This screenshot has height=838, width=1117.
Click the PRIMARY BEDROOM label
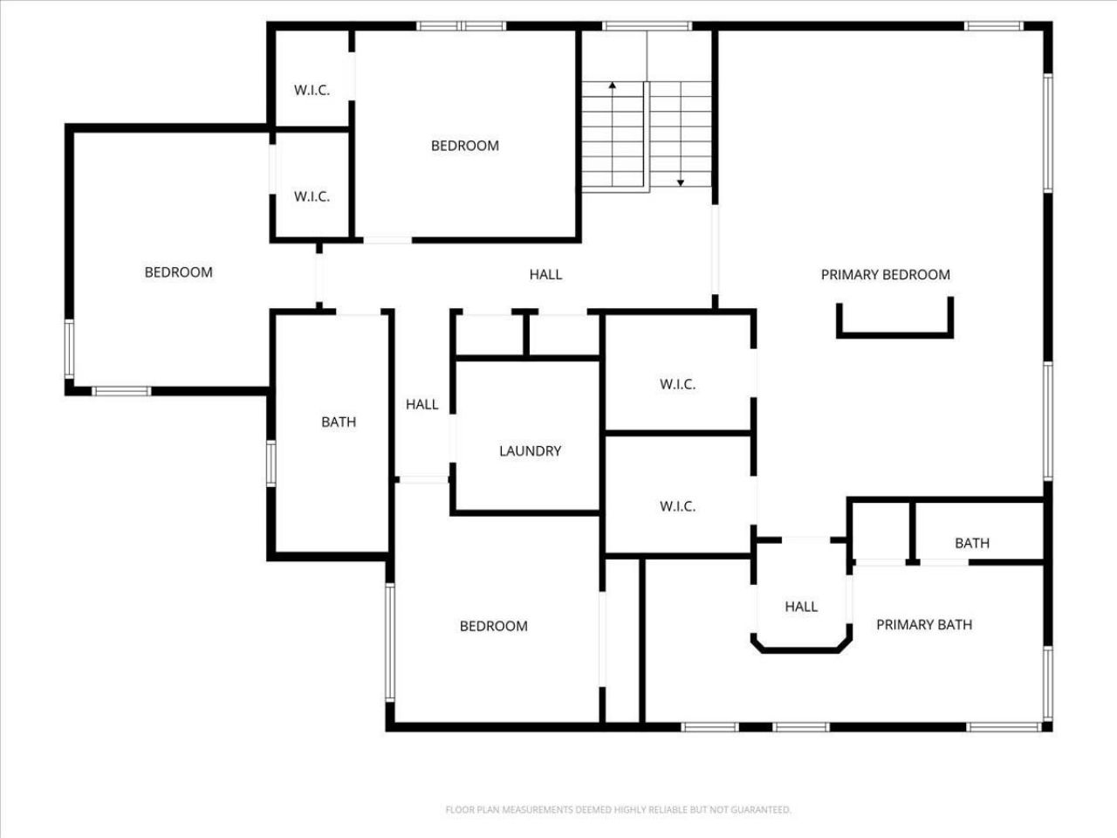point(885,275)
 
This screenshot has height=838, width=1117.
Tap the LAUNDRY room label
point(530,451)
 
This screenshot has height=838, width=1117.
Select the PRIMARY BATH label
point(923,625)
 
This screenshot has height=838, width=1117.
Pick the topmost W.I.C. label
point(312,90)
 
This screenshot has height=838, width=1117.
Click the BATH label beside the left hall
point(339,422)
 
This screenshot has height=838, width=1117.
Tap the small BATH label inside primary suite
point(971,543)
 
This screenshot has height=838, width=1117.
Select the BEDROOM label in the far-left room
point(178,272)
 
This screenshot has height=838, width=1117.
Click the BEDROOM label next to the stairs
point(465,146)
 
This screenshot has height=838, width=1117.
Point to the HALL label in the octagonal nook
point(800,607)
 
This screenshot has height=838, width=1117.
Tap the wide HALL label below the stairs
point(545,275)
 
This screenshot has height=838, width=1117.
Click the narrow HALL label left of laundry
point(421,404)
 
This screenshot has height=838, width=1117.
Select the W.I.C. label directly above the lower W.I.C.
point(677,384)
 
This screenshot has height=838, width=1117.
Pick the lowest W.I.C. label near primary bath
point(677,506)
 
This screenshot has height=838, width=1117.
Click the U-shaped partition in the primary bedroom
point(894,333)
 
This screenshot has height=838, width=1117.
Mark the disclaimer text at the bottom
point(618,810)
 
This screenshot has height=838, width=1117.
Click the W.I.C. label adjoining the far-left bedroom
point(312,196)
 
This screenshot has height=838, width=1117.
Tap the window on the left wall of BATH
point(271,463)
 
